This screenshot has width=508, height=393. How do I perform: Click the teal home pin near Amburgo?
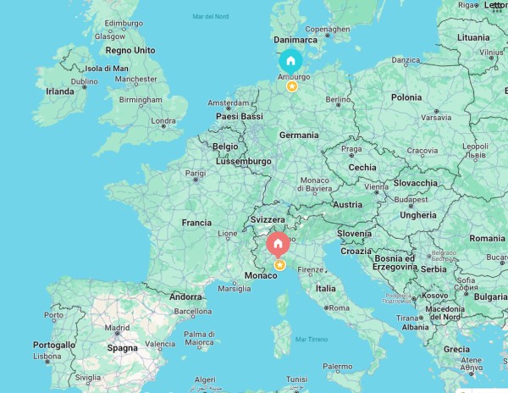tap(290, 61)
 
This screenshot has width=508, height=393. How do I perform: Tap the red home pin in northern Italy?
tap(278, 244)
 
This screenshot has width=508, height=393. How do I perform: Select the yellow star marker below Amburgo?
tap(291, 86)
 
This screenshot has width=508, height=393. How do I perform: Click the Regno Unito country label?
tap(130, 50)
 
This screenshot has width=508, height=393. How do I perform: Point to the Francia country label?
tap(196, 223)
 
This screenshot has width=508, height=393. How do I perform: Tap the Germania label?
tap(299, 135)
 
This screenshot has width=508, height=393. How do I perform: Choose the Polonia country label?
tap(406, 97)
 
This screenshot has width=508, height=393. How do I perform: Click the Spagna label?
tap(123, 348)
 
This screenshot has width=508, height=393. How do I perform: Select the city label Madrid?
tap(117, 328)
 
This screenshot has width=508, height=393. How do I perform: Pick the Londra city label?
tap(163, 121)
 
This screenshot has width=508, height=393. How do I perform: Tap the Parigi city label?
tap(196, 173)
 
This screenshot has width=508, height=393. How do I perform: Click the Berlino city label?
tap(338, 100)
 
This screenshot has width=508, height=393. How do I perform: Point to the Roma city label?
tap(340, 308)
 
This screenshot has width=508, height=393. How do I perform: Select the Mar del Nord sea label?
tap(210, 17)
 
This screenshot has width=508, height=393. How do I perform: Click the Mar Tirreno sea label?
tap(312, 339)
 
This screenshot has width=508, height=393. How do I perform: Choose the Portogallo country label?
tap(54, 345)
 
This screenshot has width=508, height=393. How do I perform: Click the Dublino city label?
tap(85, 82)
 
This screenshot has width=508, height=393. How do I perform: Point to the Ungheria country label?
tap(418, 215)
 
